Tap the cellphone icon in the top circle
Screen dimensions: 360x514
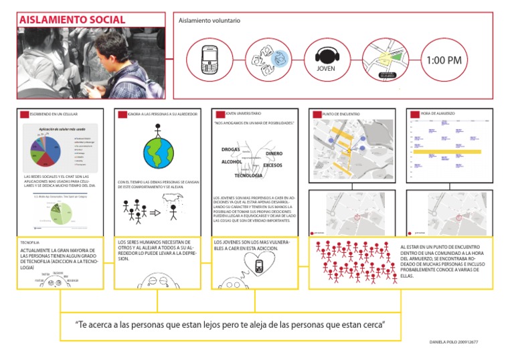[x=208, y=60]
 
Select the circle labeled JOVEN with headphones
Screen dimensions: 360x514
[x=325, y=60]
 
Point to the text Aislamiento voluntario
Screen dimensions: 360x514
[x=209, y=21]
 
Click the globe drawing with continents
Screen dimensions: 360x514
[x=158, y=151]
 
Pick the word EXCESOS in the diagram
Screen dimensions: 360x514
[x=272, y=165]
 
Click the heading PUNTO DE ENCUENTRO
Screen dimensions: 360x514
[x=342, y=114]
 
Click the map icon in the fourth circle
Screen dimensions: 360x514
[x=385, y=59]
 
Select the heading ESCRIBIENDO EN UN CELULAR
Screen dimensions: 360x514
[x=55, y=114]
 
